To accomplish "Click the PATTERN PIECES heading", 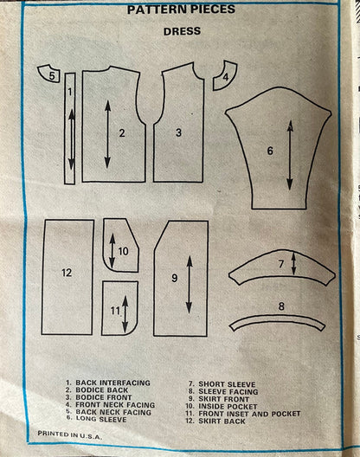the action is (x=181, y=10).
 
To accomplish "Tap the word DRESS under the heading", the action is (x=182, y=31).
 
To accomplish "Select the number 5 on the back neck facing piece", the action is (x=52, y=76).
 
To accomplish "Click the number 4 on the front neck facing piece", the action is (x=226, y=77).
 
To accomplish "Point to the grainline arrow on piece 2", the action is (x=107, y=134).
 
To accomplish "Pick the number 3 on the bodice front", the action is (x=178, y=132).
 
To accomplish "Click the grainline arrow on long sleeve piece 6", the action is (x=290, y=155).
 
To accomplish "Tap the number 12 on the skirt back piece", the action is (x=67, y=273).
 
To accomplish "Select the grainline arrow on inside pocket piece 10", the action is (x=112, y=251).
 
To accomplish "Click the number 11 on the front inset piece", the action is (x=115, y=311).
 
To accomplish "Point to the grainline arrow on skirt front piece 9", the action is (x=190, y=285).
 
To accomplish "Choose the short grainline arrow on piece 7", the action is (x=293, y=264).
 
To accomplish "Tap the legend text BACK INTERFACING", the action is (x=112, y=383).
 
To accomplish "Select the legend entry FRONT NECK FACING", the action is (x=115, y=405).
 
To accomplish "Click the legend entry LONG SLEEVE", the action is (x=101, y=419).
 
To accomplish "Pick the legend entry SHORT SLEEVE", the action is (x=227, y=384).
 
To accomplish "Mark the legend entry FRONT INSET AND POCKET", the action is (x=249, y=414).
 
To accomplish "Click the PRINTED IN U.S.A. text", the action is (x=70, y=434).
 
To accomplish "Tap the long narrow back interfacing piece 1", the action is (x=70, y=128).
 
